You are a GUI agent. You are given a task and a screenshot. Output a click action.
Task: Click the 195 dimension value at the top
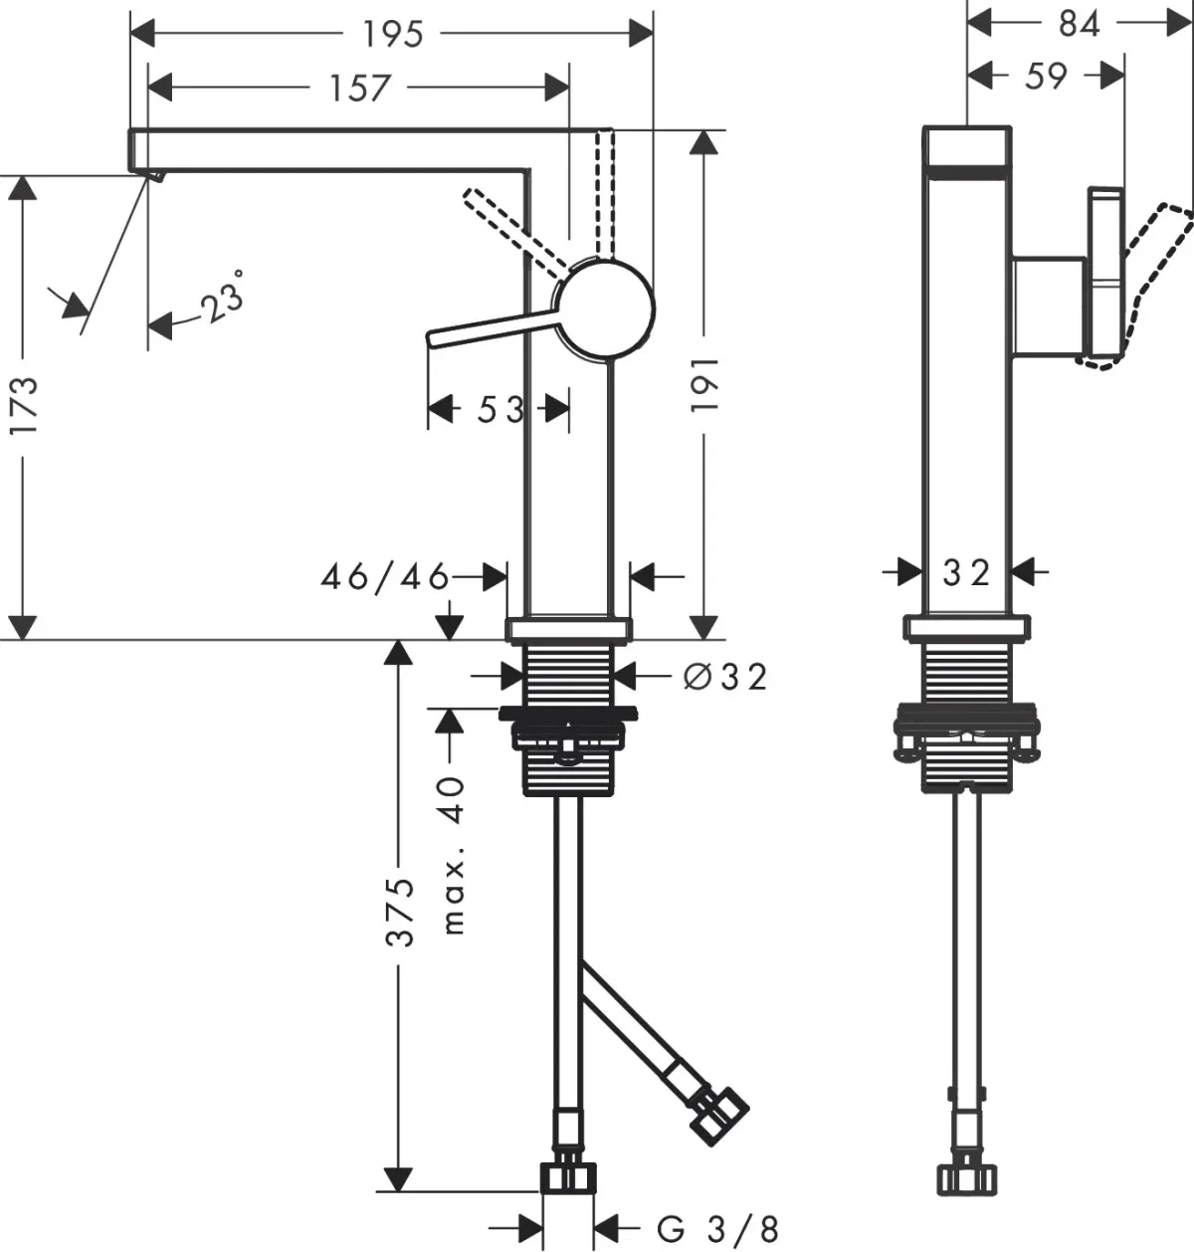click(x=392, y=35)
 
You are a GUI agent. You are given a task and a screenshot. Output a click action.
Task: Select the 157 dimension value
click(x=359, y=89)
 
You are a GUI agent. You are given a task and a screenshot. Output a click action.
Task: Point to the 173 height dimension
click(x=23, y=403)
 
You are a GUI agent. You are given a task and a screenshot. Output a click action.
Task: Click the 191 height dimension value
click(x=705, y=385)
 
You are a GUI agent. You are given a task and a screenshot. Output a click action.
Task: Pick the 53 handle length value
click(x=499, y=409)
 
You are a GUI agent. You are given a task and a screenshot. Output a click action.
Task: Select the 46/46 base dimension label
click(x=385, y=576)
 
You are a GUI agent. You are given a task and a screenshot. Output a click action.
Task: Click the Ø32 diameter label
click(x=726, y=677)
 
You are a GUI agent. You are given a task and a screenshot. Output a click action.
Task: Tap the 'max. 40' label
click(x=453, y=856)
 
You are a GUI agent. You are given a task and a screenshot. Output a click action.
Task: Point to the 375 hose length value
click(x=400, y=912)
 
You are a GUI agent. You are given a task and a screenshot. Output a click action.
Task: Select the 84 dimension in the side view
click(x=1079, y=22)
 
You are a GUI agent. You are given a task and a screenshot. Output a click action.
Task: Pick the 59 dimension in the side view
click(x=1046, y=76)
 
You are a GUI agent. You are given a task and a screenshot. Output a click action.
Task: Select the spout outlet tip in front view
click(x=155, y=176)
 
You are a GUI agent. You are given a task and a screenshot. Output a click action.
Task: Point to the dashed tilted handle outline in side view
click(x=1154, y=279)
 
